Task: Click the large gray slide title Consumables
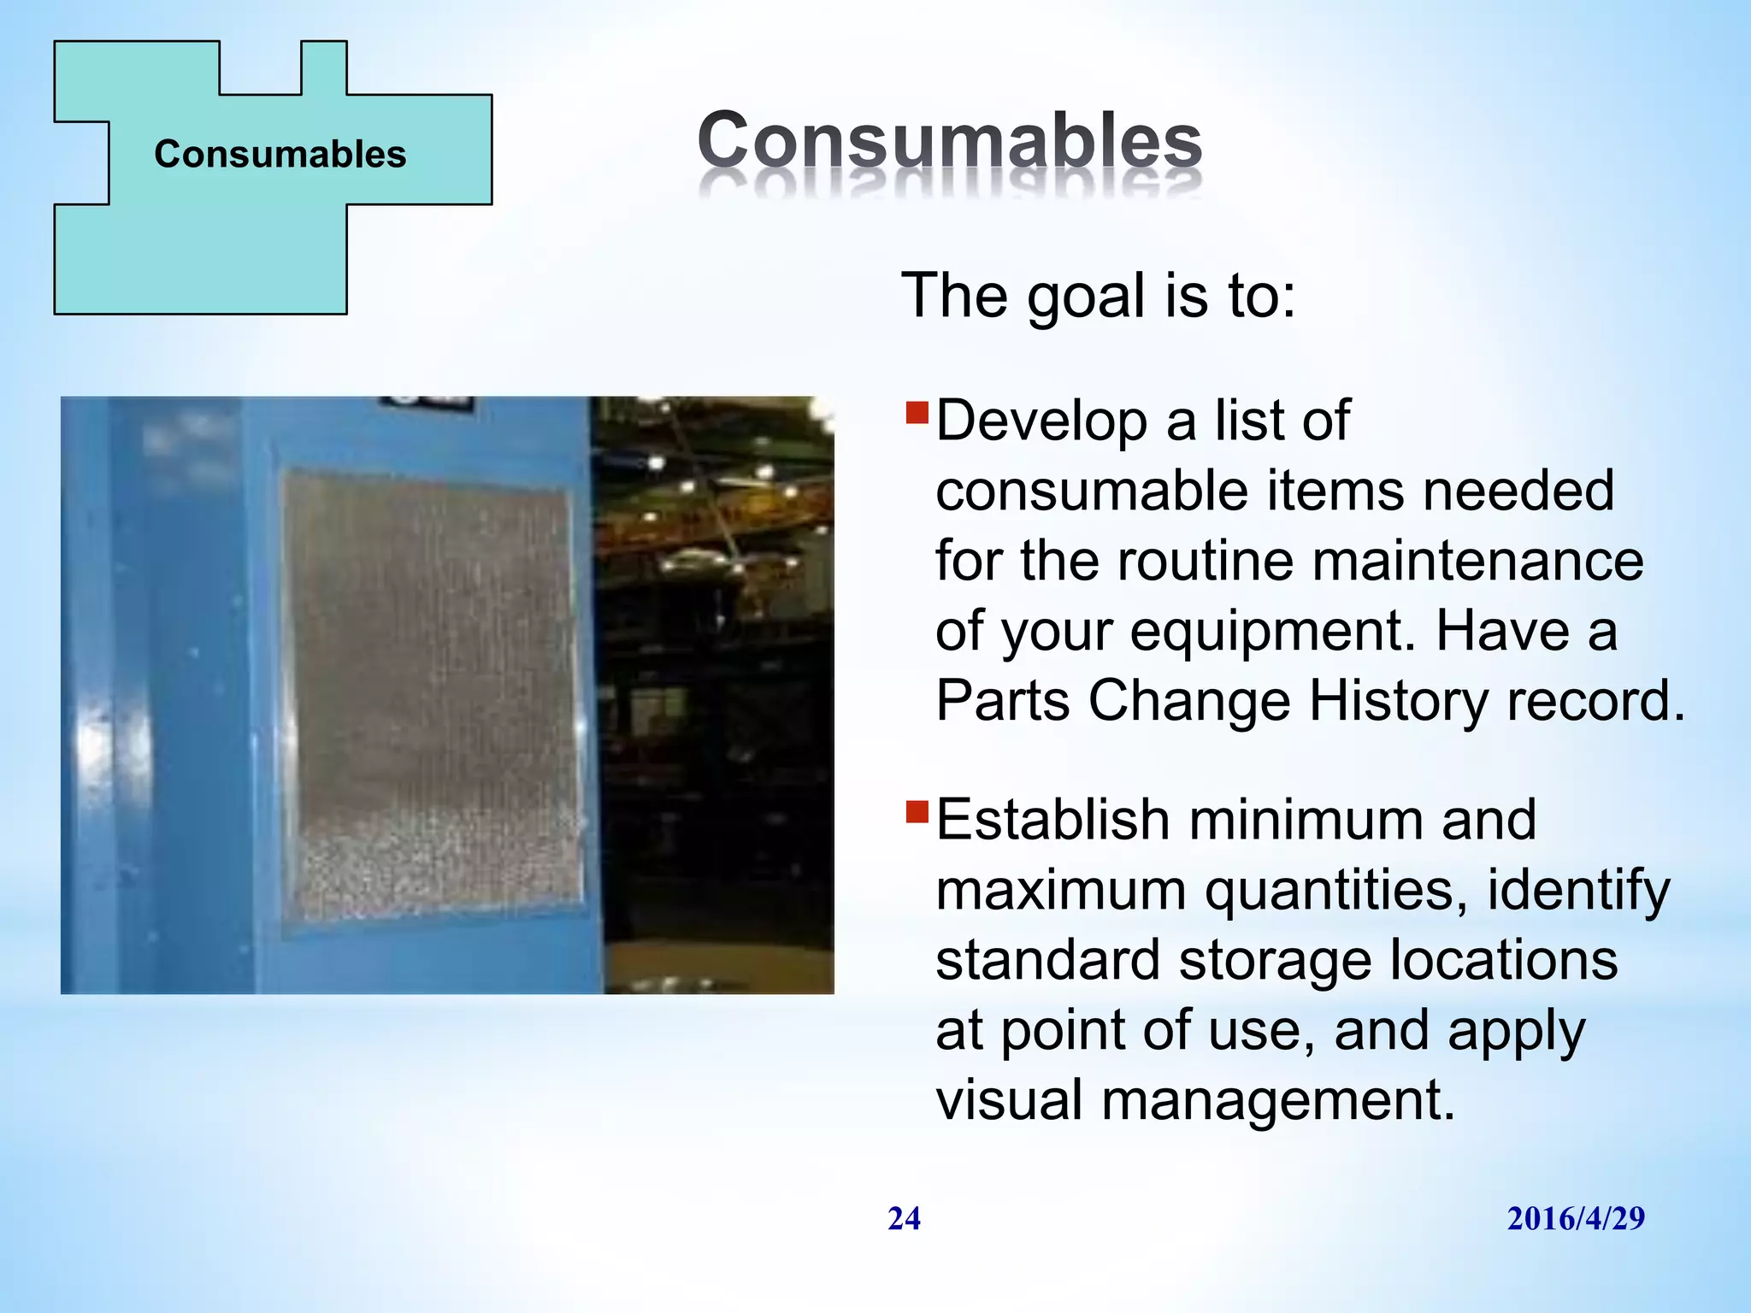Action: [x=949, y=141]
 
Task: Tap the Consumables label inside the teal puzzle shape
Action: [x=280, y=155]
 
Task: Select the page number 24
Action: [x=904, y=1219]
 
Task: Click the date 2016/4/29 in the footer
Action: [x=1575, y=1219]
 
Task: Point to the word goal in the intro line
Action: [x=1085, y=297]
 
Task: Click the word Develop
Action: [x=1041, y=421]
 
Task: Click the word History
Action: [x=1399, y=702]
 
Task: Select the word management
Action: [x=1277, y=1102]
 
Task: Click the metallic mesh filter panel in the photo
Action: [x=432, y=692]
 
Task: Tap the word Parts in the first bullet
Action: [x=1002, y=702]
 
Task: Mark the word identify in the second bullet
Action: [x=1577, y=892]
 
